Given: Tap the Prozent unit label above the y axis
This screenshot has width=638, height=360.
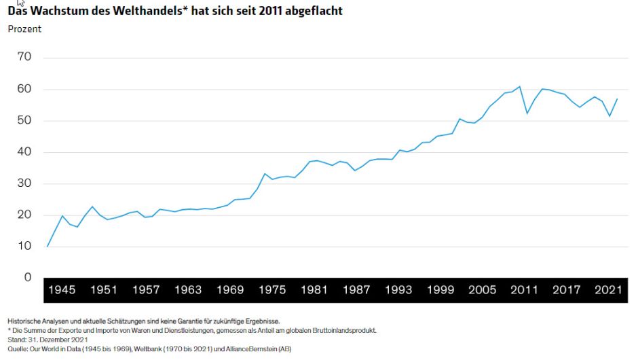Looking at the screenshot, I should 24,29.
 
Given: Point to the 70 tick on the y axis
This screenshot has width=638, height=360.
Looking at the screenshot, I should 24,57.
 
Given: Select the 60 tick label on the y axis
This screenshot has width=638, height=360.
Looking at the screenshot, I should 24,89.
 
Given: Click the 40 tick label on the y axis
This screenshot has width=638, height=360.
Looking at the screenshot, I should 24,152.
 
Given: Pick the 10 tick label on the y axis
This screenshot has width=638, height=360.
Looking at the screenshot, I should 24,246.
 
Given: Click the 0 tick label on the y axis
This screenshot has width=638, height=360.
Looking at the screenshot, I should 27,277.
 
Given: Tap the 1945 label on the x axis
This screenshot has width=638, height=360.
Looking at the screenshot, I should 62,290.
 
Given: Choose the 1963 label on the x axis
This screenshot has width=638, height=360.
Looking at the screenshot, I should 188,290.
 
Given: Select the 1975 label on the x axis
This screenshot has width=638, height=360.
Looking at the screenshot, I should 272,290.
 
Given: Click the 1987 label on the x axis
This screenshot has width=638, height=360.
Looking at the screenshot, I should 356,290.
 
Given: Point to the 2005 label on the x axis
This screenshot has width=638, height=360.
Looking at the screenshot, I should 483,290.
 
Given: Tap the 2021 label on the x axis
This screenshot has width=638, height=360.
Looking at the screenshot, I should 608,290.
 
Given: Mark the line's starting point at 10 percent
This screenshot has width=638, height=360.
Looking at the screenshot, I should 47,247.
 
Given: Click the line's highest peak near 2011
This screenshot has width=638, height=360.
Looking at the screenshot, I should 519,86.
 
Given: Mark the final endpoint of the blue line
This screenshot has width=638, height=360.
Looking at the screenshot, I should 617,99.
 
